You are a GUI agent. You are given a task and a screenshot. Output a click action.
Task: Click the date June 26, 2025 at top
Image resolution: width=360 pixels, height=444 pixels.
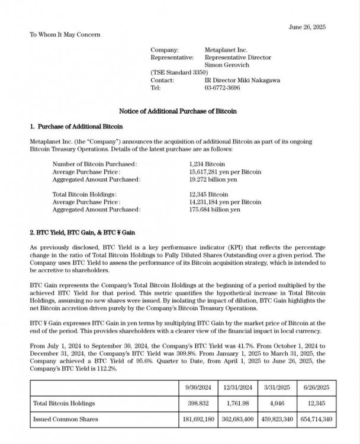[306, 28]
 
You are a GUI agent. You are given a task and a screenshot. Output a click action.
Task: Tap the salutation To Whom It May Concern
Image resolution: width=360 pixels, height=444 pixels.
[65, 34]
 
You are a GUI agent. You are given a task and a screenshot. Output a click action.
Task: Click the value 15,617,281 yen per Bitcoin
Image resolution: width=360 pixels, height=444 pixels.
[225, 171]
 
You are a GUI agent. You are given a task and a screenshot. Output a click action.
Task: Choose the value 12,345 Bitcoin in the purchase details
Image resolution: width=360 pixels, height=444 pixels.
[208, 194]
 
